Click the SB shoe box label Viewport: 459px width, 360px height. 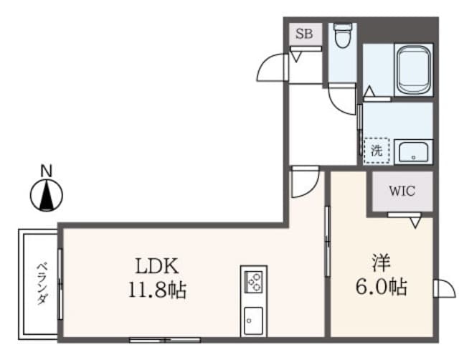tap(303, 34)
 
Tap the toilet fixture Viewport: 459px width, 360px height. tap(342, 35)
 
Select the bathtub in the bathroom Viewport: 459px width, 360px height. tap(414, 70)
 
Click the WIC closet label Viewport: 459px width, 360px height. tap(401, 191)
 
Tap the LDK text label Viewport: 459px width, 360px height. tap(157, 266)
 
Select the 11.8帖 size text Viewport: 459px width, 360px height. tap(157, 290)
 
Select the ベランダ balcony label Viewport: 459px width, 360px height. tap(41, 283)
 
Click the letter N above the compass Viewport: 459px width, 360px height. tap(45, 171)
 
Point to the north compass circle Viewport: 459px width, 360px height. tap(46, 195)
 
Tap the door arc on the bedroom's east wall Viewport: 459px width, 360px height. tap(444, 288)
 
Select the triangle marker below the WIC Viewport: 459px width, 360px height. tap(415, 223)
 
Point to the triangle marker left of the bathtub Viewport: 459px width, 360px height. tap(369, 92)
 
